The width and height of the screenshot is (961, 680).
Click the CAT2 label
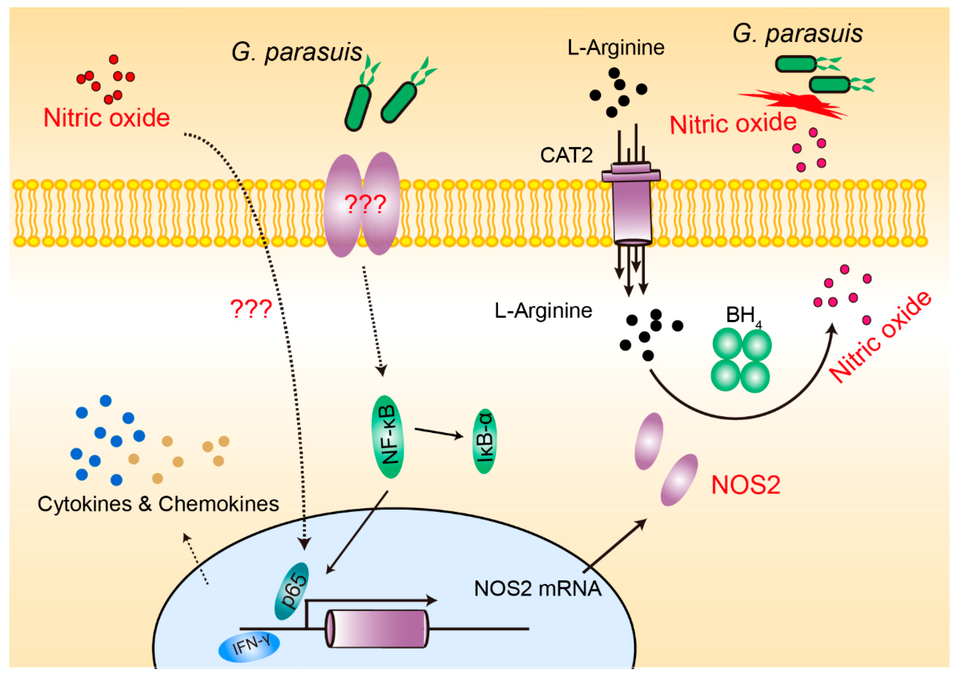566,155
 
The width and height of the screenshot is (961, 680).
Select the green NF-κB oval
388,437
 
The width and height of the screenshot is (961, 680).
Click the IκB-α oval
485,441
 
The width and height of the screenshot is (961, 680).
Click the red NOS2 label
746,485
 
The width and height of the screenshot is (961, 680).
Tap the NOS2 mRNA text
537,588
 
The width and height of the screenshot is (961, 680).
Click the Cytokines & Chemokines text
158,504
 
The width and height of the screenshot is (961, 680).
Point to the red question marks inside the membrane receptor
365,205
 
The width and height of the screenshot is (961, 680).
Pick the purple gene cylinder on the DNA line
377,628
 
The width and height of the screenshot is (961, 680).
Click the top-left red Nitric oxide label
106,118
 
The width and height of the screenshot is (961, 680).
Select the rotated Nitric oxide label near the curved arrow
880,337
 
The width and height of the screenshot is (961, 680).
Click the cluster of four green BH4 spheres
741,360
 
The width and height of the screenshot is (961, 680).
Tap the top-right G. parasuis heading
798,34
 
